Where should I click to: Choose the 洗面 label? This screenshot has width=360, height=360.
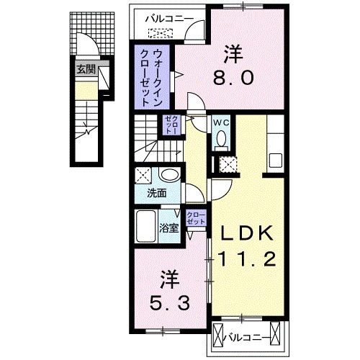[157, 194]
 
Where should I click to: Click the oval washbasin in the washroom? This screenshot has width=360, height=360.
[170, 176]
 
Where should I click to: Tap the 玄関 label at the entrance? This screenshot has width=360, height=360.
[86, 70]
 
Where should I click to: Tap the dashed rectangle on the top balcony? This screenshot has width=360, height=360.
[161, 32]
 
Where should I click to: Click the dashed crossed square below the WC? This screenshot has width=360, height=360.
[228, 164]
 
